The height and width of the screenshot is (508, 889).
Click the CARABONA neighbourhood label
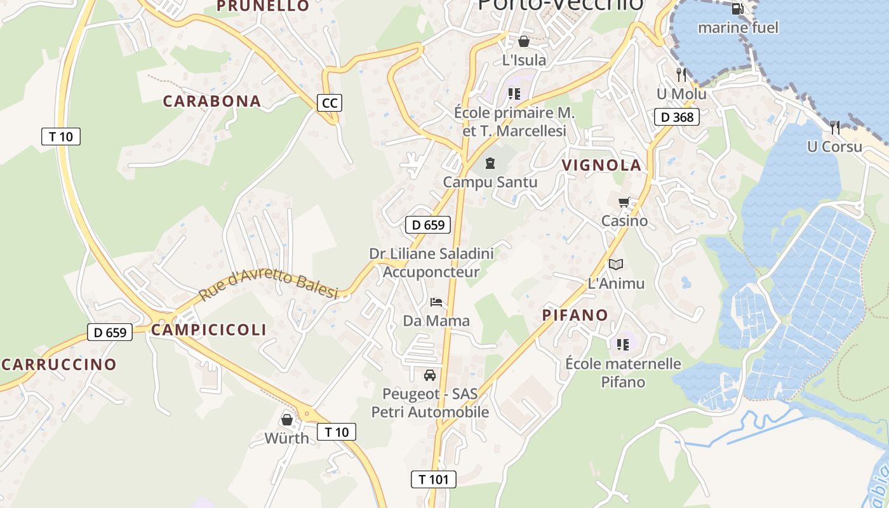212,101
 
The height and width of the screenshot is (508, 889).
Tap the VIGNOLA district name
601,165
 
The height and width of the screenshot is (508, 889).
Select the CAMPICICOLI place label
209,330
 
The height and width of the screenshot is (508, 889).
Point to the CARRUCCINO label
59,364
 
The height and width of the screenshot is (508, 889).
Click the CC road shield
330,103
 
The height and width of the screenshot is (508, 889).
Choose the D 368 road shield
677,117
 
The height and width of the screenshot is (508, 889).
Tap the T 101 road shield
434,479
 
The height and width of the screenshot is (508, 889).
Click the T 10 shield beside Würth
337,432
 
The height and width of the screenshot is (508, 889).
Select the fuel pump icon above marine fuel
737,9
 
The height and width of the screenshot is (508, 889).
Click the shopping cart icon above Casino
624,203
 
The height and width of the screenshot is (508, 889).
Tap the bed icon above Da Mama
436,302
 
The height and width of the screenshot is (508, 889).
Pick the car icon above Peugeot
430,375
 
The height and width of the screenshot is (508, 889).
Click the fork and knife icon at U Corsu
835,128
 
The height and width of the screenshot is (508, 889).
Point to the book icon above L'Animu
616,264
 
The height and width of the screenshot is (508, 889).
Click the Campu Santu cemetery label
490,182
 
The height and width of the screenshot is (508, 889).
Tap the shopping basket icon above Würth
287,419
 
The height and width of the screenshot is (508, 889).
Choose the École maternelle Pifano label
623,373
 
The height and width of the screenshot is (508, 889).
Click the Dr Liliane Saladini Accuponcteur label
432,263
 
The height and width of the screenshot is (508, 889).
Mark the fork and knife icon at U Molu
681,75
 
